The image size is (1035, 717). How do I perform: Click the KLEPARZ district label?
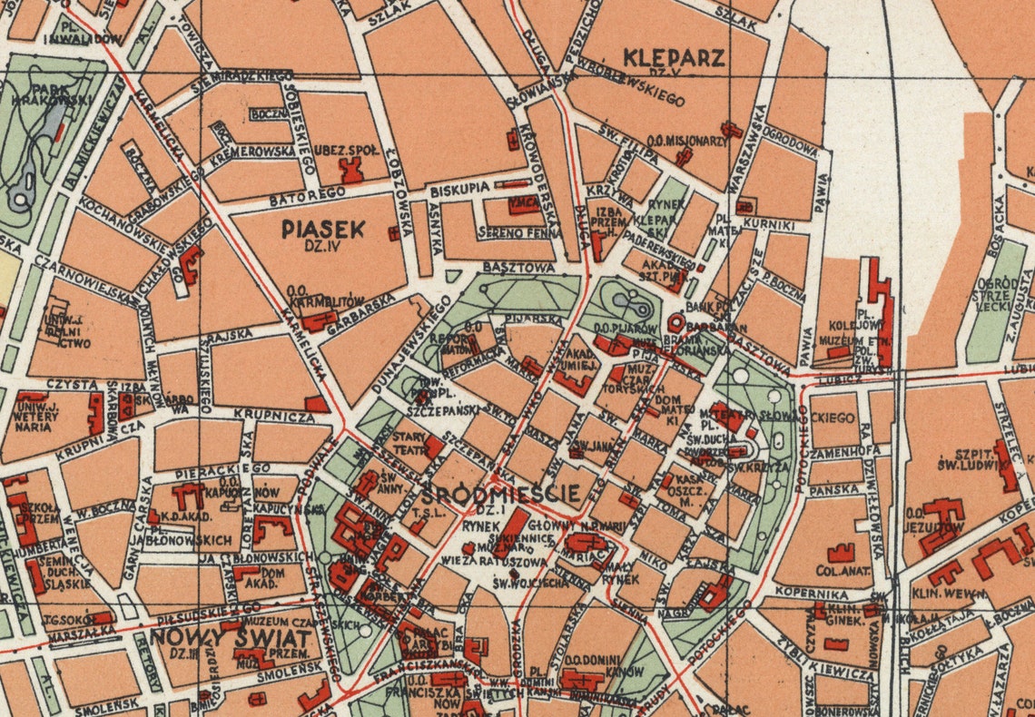pos(674,59)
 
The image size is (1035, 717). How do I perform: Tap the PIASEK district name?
pos(322,230)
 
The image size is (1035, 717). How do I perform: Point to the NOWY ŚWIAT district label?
pos(231,637)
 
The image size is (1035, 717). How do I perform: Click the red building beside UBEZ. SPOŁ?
pos(350,170)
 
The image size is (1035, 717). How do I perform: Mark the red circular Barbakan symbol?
pos(676,322)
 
